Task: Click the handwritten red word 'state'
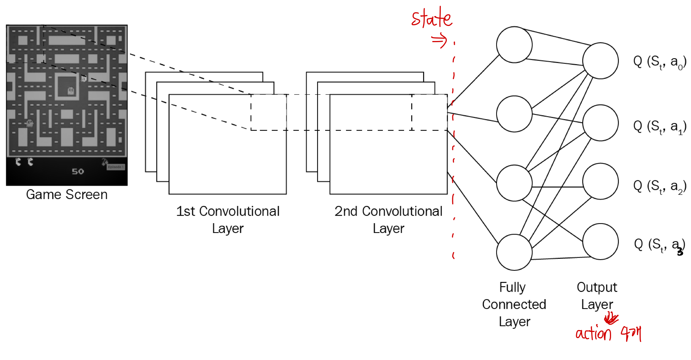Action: point(432,19)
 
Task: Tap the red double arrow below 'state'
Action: point(440,41)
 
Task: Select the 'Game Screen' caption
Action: point(67,195)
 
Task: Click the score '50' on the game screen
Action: point(78,172)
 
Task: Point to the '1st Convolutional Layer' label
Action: point(228,220)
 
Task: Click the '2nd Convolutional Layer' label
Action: point(388,220)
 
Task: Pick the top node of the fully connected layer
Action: point(514,45)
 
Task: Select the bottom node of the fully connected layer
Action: point(514,252)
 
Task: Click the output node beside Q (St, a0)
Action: point(600,60)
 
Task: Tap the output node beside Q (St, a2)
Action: point(600,181)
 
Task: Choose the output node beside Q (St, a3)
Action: point(600,241)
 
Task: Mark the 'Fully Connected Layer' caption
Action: point(514,305)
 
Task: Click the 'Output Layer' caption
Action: point(597,296)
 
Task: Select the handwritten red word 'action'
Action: point(593,334)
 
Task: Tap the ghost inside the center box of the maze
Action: point(71,91)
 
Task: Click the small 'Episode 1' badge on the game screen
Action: point(116,167)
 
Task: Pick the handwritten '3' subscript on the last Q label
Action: point(680,252)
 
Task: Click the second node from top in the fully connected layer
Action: point(514,114)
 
